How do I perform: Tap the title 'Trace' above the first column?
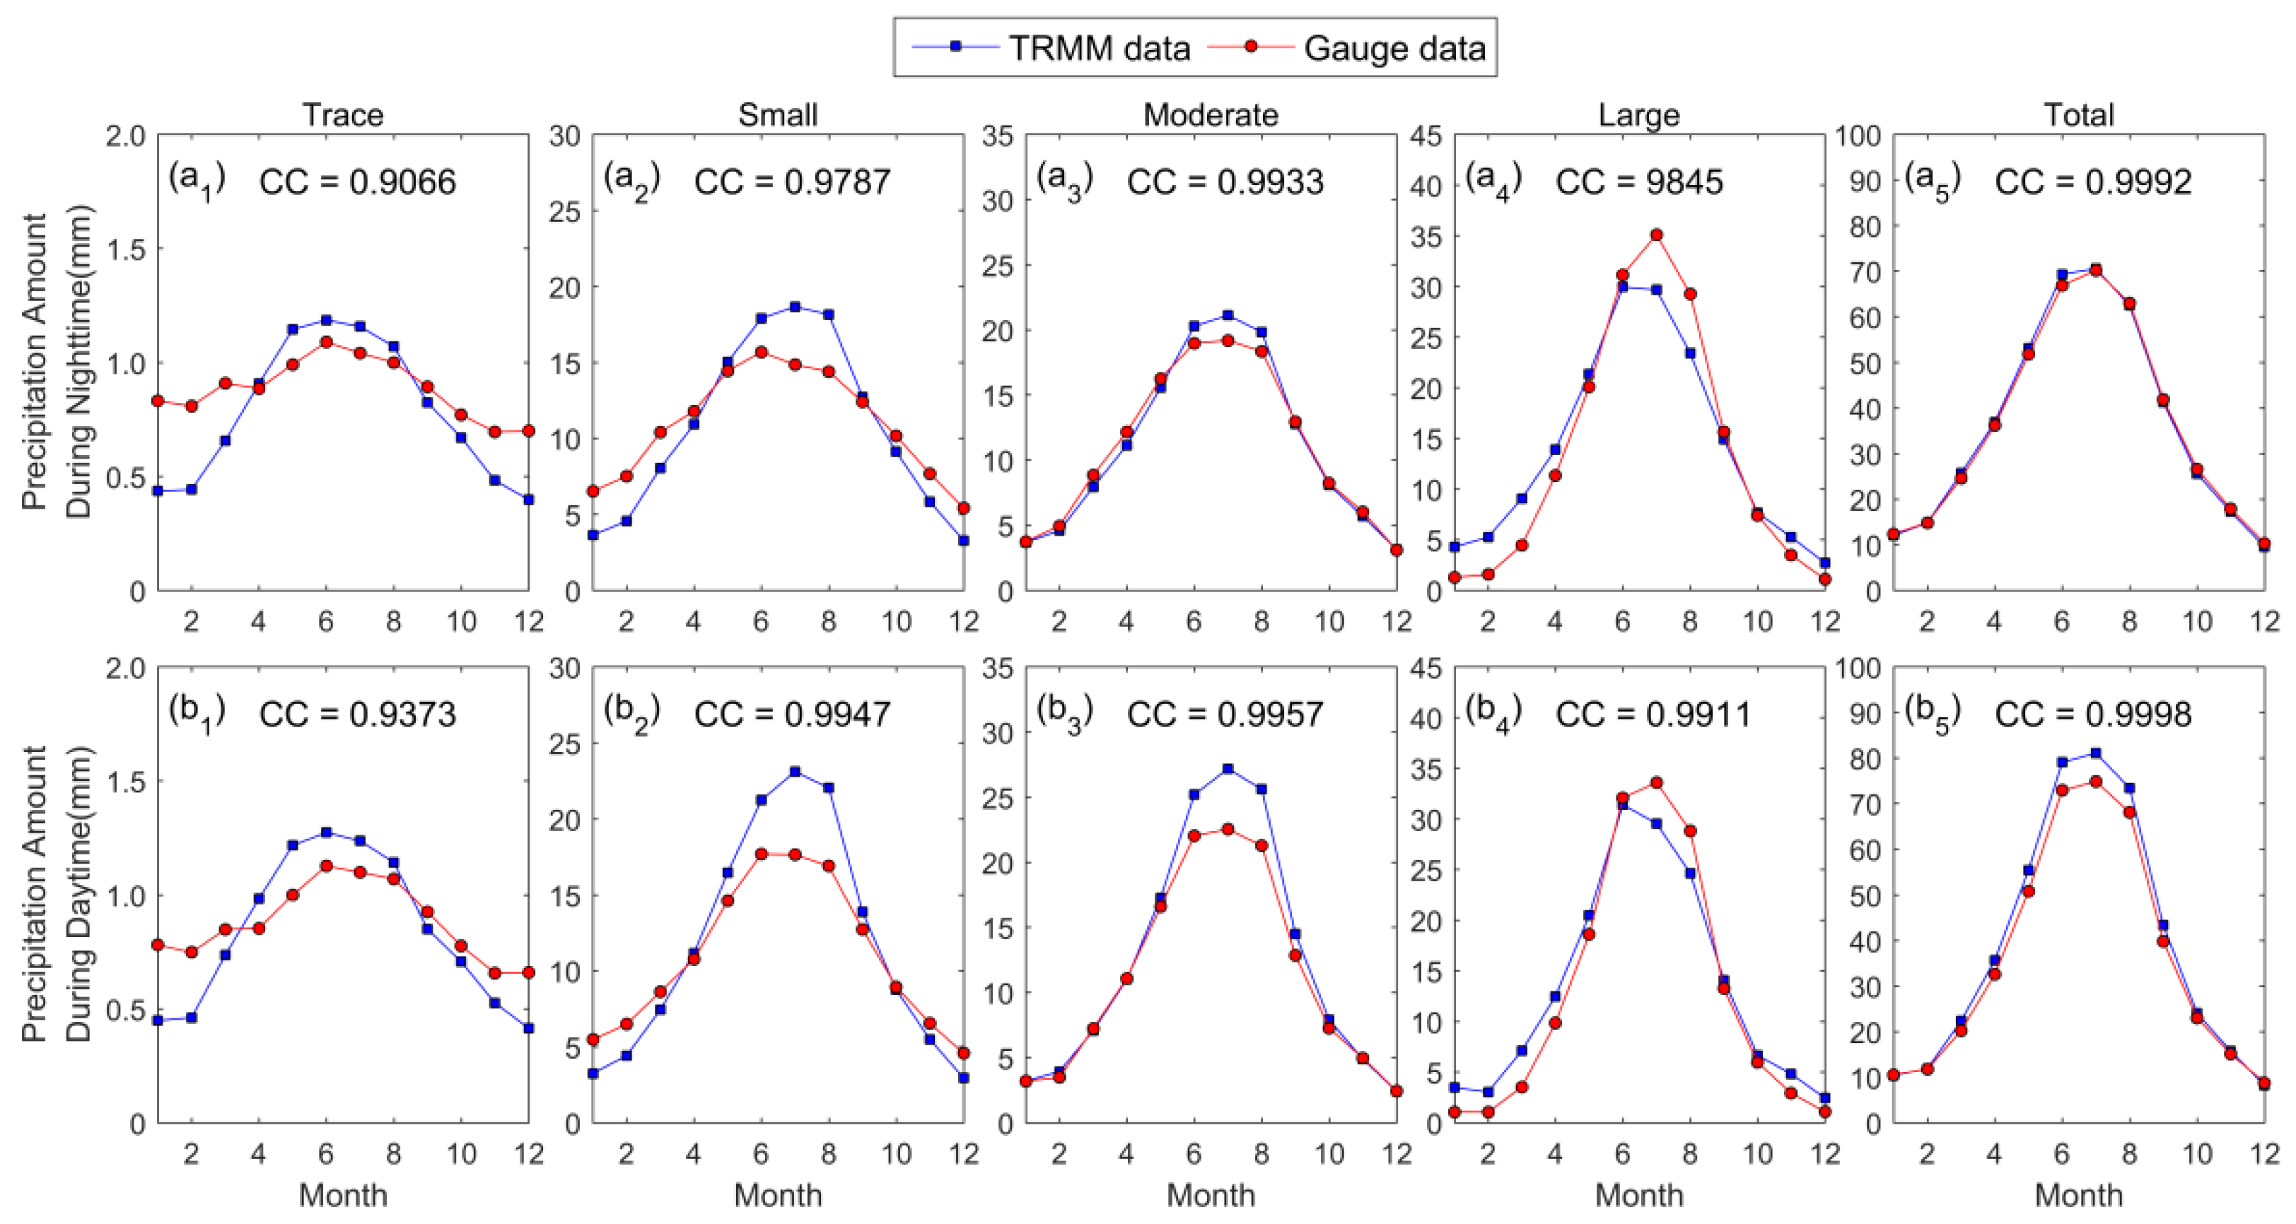342,115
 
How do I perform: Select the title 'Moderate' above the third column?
1211,115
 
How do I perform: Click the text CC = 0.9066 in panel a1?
357,182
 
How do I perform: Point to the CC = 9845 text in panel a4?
1638,182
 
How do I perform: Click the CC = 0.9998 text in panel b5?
2093,714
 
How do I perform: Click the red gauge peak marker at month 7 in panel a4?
1656,235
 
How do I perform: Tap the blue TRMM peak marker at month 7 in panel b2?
795,772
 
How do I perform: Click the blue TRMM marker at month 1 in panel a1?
158,491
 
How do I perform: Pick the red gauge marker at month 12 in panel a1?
528,430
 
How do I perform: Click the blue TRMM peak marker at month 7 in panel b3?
1228,769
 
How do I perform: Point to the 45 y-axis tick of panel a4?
1428,136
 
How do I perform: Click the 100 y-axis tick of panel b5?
1858,668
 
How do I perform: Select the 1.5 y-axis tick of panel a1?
126,249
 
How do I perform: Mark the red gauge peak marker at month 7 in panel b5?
2095,782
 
